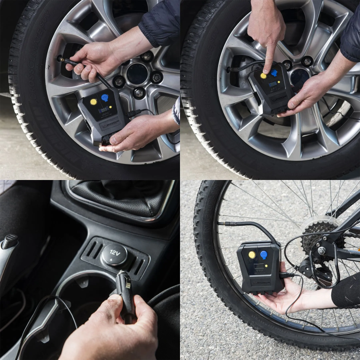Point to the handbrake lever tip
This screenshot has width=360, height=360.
[9, 241]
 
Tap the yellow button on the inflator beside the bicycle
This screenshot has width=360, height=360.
[252, 255]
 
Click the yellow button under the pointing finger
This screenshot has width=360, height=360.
[263, 76]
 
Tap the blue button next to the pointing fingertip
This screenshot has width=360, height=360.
[274, 74]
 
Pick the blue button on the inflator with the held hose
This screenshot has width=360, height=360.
[104, 97]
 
